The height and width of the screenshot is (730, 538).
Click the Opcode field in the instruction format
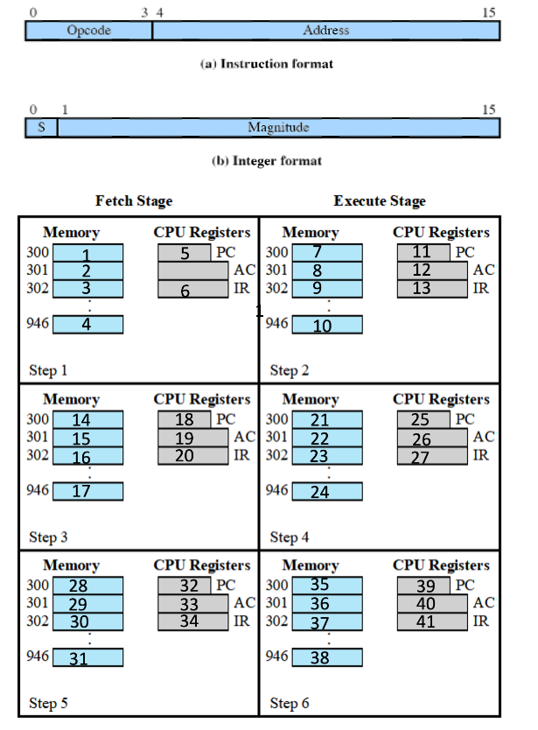coord(88,31)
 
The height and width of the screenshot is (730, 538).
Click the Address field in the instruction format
coord(325,31)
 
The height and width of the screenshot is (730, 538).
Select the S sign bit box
coord(40,128)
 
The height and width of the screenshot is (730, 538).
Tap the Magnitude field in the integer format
coord(278,128)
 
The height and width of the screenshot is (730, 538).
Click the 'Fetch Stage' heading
coord(134,201)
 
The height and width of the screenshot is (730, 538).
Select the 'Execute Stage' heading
coord(380,201)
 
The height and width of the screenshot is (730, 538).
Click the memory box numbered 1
coord(87,253)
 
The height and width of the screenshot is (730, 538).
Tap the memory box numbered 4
coord(87,325)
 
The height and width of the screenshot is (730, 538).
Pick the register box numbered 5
coord(185,253)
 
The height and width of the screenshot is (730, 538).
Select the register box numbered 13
coord(431,289)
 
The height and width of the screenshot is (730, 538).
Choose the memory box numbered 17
coord(87,491)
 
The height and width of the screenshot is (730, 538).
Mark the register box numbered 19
coord(193,438)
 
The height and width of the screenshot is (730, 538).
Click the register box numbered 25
coord(423,419)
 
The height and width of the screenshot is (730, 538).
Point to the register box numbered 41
coord(431,621)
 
